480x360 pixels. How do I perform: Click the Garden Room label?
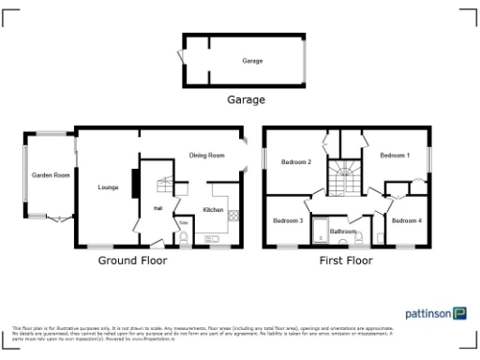pyautogui.click(x=51, y=175)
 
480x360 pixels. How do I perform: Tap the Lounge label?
pyautogui.click(x=108, y=188)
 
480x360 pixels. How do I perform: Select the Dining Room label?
pyautogui.click(x=207, y=156)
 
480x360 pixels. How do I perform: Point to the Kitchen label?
pyautogui.click(x=213, y=211)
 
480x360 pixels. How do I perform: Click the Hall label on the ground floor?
pyautogui.click(x=158, y=208)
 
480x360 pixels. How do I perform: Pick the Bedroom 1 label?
pyautogui.click(x=395, y=155)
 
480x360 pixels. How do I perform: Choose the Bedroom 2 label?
pyautogui.click(x=296, y=162)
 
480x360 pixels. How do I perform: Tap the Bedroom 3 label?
pyautogui.click(x=287, y=221)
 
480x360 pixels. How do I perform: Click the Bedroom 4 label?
pyautogui.click(x=406, y=221)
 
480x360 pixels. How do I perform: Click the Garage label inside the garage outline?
pyautogui.click(x=252, y=61)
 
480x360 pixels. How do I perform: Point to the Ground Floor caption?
pyautogui.click(x=133, y=261)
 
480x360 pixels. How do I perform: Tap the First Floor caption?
pyautogui.click(x=346, y=261)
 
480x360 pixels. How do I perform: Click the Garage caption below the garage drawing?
pyautogui.click(x=247, y=99)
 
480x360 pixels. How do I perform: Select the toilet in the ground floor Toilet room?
pyautogui.click(x=185, y=238)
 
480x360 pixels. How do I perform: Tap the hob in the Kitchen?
pyautogui.click(x=232, y=213)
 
